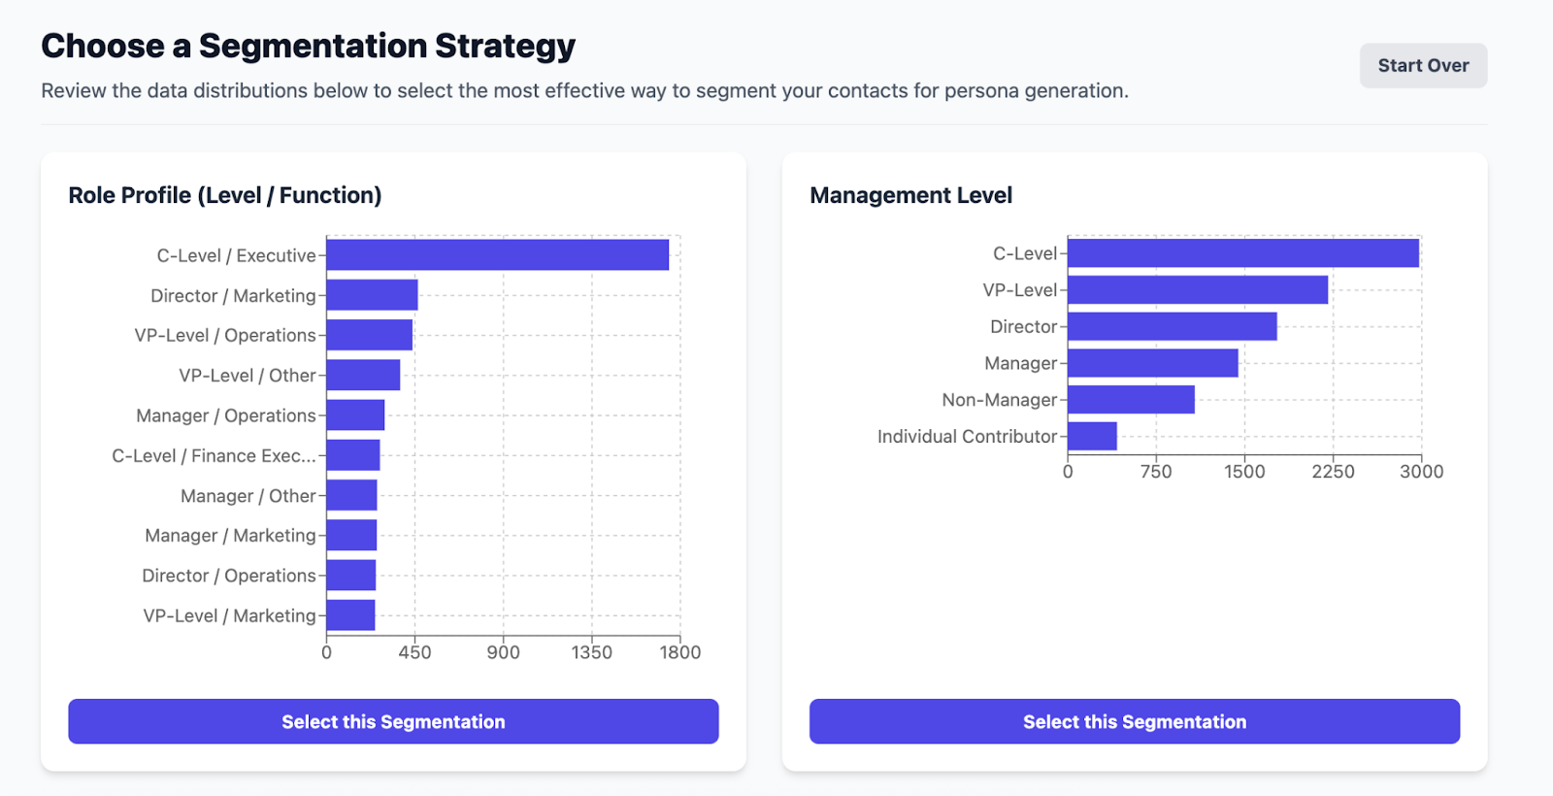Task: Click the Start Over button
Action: [1423, 66]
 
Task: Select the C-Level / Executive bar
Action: [497, 255]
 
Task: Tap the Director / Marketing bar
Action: [372, 295]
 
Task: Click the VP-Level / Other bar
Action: [363, 376]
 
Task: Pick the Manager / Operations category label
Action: [226, 415]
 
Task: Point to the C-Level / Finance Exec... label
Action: [214, 456]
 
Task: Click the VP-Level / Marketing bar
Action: [350, 615]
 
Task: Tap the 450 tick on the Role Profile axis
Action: [414, 652]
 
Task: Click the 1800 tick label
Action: [679, 652]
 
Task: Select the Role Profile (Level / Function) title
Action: [225, 195]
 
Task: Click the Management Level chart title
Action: [910, 195]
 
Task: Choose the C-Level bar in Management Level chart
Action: [1242, 253]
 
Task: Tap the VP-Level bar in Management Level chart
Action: [1197, 290]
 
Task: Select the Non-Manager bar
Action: [1131, 400]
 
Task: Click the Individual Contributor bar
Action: [1092, 437]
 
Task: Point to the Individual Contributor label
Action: [967, 437]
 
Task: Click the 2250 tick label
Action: [1333, 472]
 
